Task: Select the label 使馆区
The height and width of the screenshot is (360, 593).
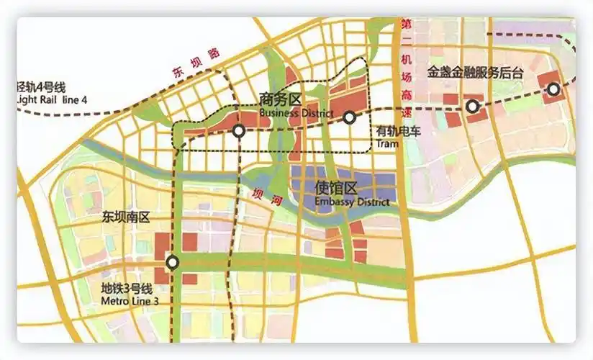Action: pos(336,189)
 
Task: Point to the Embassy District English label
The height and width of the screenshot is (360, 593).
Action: pos(352,202)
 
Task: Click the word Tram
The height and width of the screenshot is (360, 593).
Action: pos(387,144)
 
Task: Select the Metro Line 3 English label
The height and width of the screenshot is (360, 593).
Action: pos(130,300)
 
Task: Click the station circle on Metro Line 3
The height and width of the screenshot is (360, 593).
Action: pos(172,262)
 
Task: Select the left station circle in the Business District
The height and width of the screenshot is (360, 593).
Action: pos(238,131)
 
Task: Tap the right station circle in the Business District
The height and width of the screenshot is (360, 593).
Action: pos(349,117)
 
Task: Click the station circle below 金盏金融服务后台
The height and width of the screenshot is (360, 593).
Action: pos(472,107)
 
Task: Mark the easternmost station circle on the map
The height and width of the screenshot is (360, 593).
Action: pos(553,89)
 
